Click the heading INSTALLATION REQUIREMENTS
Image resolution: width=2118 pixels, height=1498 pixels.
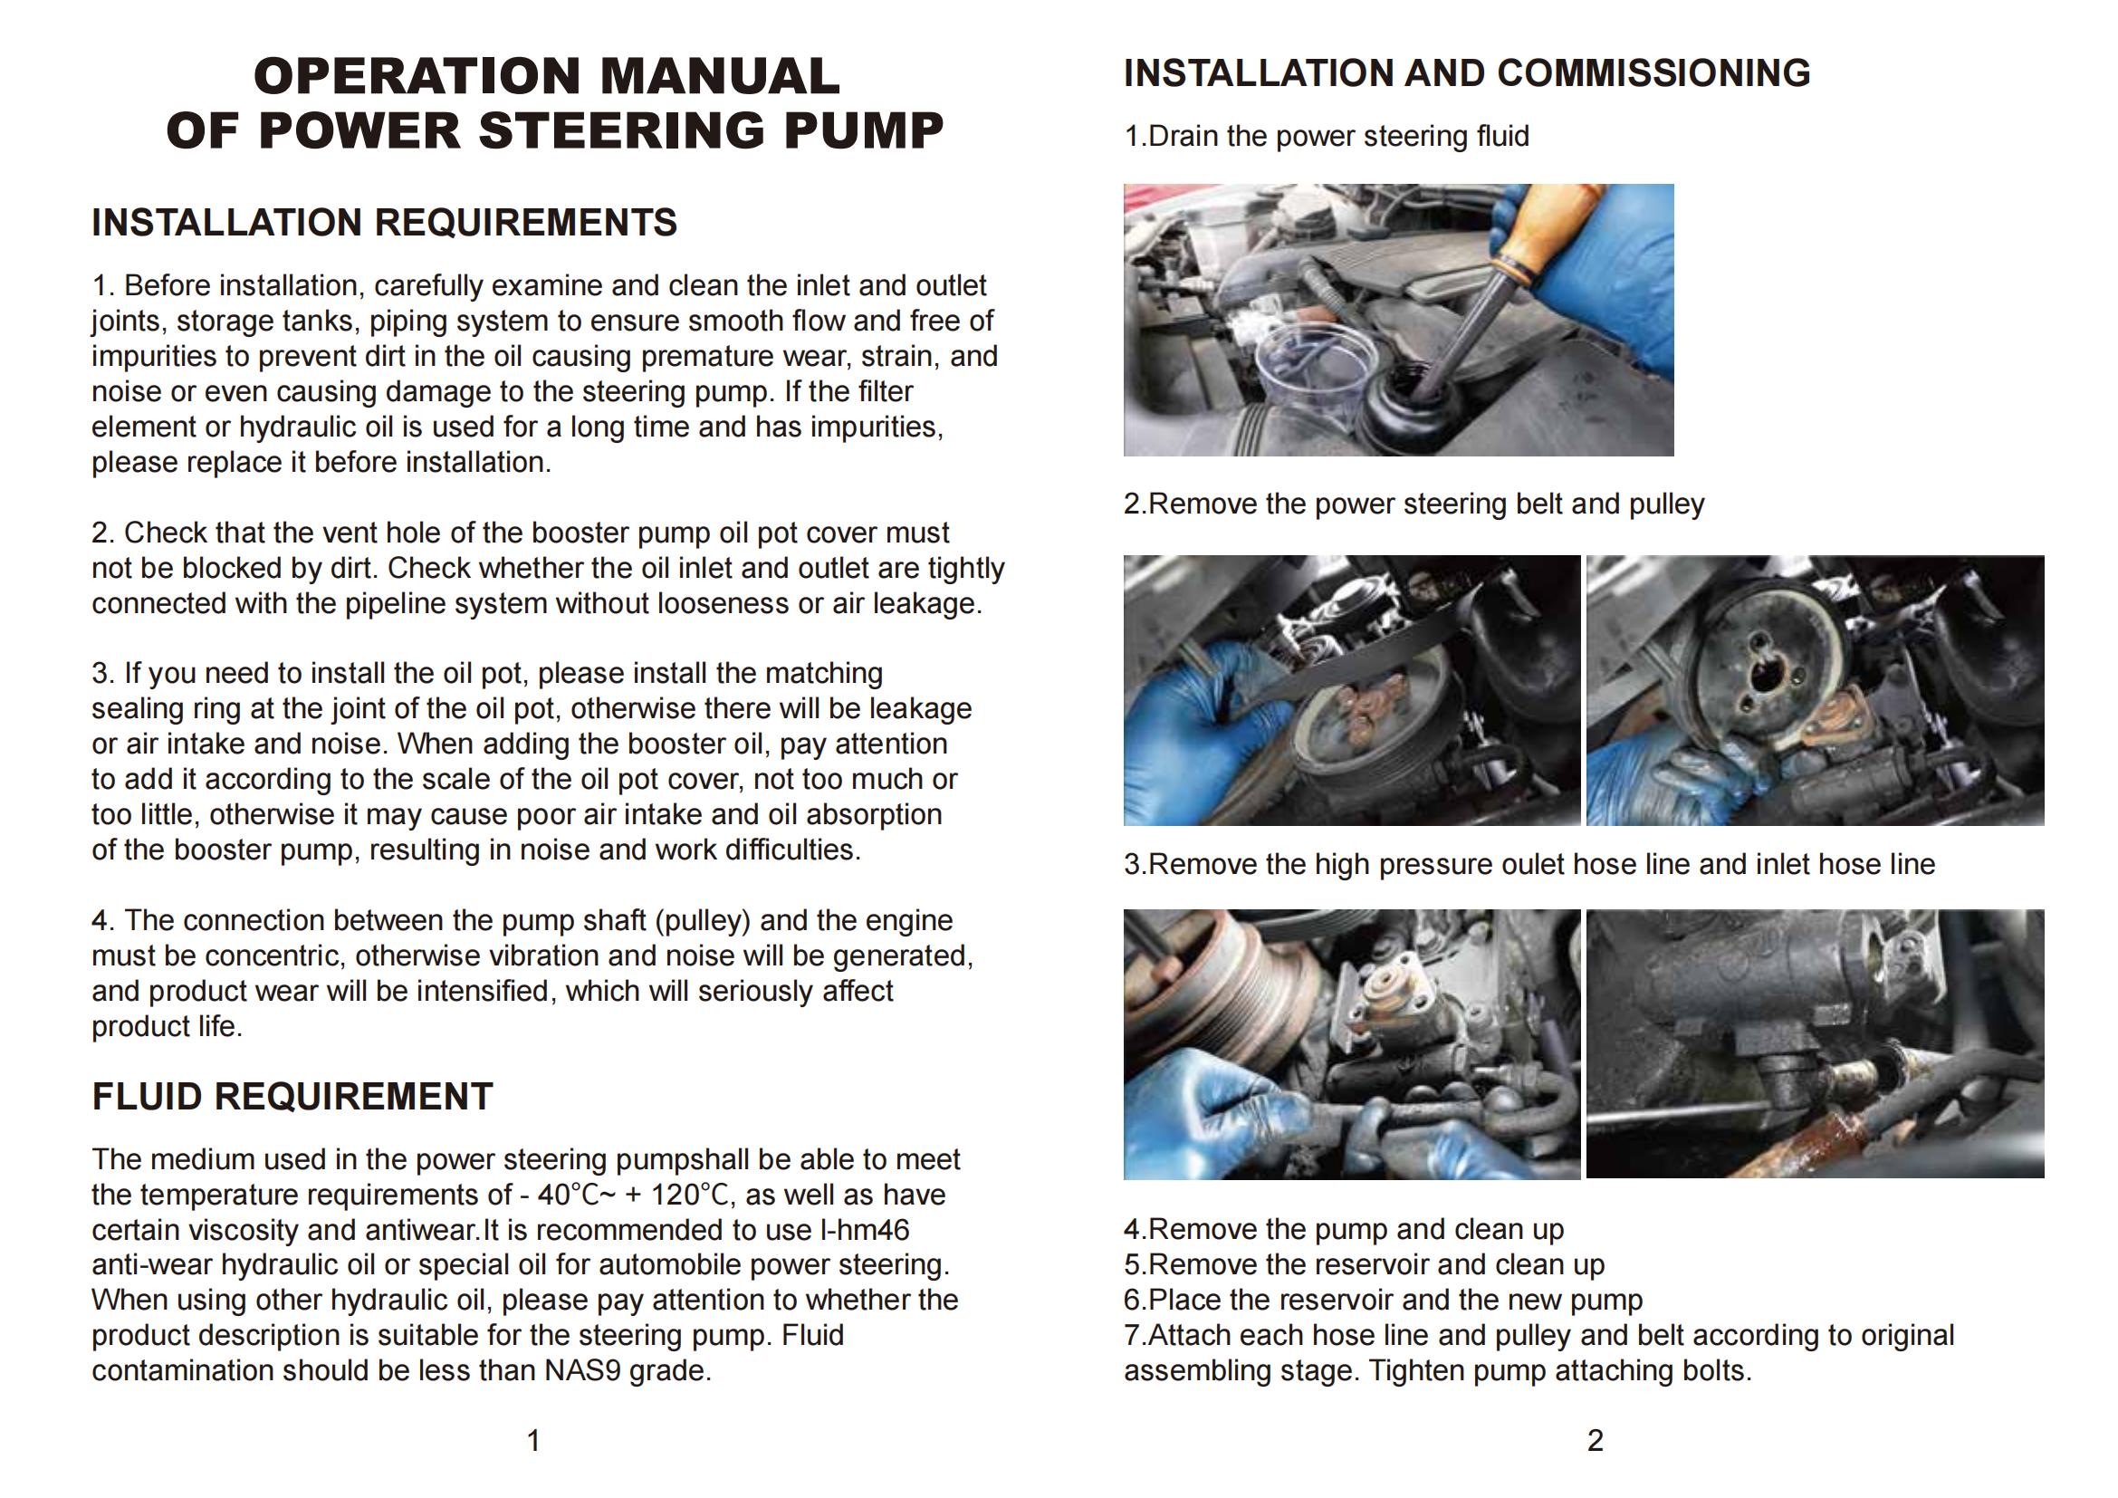[384, 223]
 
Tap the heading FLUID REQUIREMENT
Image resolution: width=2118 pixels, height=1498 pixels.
[292, 1097]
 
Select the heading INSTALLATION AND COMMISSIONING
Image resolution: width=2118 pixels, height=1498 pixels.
[1466, 73]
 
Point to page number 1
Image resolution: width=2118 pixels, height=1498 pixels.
[533, 1440]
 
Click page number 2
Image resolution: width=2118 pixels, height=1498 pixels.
[1595, 1440]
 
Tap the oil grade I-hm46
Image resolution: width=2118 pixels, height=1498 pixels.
[865, 1230]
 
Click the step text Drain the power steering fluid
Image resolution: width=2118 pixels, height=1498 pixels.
[1337, 137]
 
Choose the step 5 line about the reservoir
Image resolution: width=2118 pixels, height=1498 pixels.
[1364, 1264]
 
